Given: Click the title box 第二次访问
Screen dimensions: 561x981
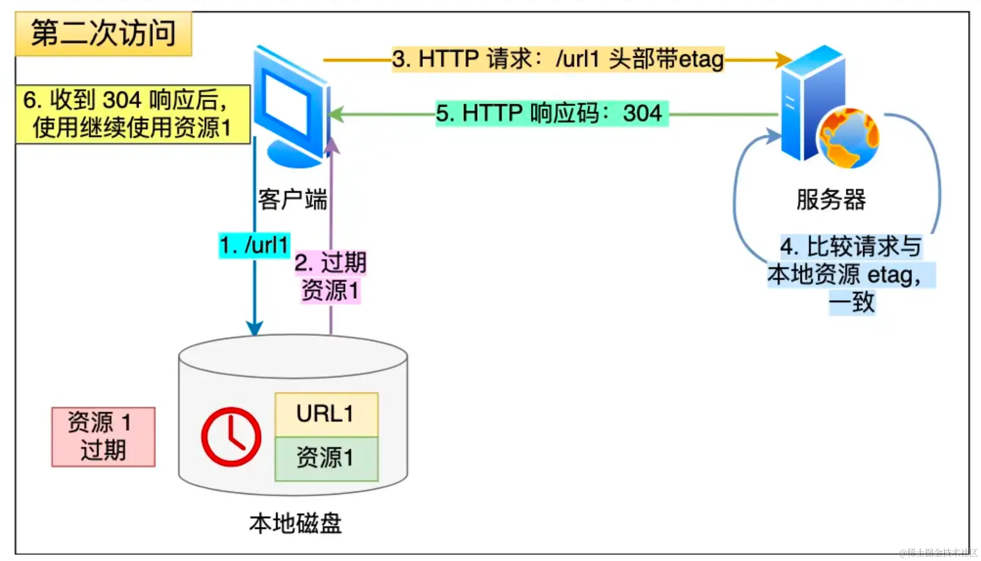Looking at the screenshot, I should (103, 34).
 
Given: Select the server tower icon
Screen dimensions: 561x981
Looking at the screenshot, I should (809, 104).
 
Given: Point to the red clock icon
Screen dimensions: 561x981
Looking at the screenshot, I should (231, 437).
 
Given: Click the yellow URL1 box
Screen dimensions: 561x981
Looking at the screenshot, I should (326, 414).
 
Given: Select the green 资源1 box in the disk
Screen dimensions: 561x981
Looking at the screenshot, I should (326, 458).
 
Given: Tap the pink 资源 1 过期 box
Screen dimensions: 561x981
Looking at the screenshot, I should (103, 437).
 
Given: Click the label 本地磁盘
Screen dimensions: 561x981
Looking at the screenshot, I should (295, 523).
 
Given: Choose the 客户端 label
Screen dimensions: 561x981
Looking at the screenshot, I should (292, 200).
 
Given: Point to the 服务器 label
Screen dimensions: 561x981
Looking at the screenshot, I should (831, 200).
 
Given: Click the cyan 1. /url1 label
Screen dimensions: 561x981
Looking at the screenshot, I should (254, 245).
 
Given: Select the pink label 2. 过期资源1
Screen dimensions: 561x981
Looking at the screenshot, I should (331, 276).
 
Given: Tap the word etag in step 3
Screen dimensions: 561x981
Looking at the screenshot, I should (701, 59).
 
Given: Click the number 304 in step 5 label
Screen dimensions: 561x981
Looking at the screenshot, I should (641, 114).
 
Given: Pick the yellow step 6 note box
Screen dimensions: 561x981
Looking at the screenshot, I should (132, 114).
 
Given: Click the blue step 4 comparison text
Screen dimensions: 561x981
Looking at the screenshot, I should (851, 274).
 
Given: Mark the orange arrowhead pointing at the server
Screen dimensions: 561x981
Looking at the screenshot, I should (784, 60).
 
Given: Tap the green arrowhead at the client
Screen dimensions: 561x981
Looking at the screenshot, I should (336, 115).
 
